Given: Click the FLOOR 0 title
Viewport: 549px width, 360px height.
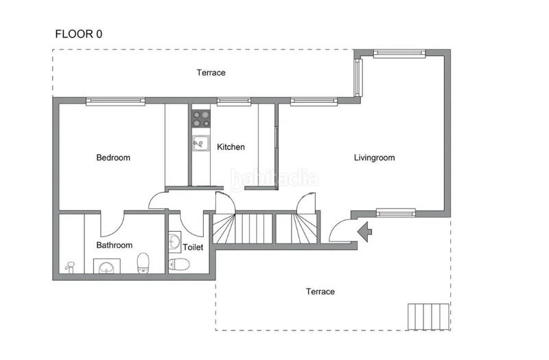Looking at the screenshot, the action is tap(79, 34).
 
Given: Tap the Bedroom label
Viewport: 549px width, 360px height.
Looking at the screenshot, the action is tap(113, 158).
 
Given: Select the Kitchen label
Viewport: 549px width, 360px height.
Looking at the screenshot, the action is tap(231, 147).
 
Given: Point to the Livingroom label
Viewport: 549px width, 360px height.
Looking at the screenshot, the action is tap(374, 158).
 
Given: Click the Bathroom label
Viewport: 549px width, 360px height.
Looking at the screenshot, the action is tap(114, 245).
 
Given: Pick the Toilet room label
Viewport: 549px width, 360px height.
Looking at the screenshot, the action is tap(193, 248).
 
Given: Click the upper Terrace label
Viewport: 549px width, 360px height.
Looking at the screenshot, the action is tap(211, 73).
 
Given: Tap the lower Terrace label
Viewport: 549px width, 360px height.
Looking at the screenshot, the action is tap(320, 291).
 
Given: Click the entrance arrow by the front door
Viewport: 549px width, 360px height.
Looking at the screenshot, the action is tap(365, 232).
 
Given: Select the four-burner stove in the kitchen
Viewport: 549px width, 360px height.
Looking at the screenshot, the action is tap(201, 119).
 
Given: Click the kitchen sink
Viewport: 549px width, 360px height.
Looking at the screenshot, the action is tap(200, 143).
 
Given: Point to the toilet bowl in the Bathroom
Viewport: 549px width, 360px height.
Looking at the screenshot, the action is tap(143, 263).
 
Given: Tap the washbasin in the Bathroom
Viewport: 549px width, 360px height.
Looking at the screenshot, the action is tap(107, 267).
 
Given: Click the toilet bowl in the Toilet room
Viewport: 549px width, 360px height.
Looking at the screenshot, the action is tap(179, 264).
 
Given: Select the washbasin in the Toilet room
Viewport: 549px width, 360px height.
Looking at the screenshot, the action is tap(175, 242).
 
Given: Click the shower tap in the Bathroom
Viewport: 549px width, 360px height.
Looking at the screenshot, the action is tap(70, 267).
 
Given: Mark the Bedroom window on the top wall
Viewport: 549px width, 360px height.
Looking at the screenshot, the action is tap(115, 101).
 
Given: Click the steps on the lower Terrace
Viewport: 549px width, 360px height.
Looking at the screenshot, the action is tap(428, 317).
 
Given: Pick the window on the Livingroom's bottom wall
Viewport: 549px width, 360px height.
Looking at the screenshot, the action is tap(396, 213).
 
